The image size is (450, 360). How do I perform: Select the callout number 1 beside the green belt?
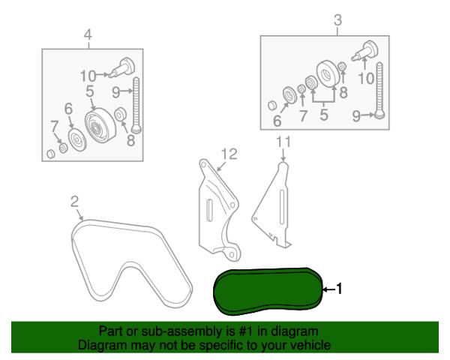pyautogui.click(x=339, y=289)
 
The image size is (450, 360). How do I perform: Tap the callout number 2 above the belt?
pyautogui.click(x=74, y=202)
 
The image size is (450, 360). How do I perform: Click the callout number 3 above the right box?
pyautogui.click(x=338, y=20)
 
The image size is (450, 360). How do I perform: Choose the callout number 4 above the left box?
pyautogui.click(x=88, y=34)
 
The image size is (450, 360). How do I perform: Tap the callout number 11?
pyautogui.click(x=283, y=142)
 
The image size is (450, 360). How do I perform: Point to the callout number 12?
pyautogui.click(x=229, y=154)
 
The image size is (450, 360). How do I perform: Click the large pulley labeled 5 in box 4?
pyautogui.click(x=100, y=125)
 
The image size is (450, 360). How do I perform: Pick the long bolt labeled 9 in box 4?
pyautogui.click(x=136, y=105)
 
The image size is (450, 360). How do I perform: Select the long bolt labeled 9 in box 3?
pyautogui.click(x=379, y=90)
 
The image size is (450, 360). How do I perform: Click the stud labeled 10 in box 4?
pyautogui.click(x=121, y=67)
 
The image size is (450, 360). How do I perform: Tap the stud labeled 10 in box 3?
pyautogui.click(x=365, y=51)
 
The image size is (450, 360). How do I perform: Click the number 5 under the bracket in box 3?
pyautogui.click(x=324, y=115)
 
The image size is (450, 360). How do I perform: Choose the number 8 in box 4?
pyautogui.click(x=130, y=140)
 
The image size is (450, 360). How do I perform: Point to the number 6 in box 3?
pyautogui.click(x=277, y=121)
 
